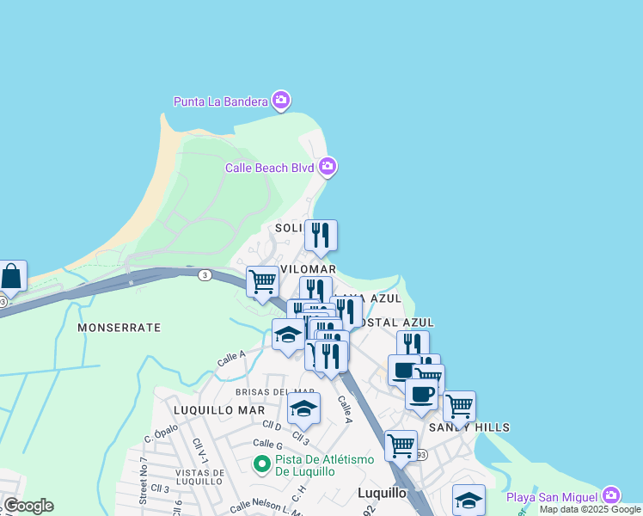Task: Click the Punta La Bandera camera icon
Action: (280, 101)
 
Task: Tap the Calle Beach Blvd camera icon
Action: (328, 166)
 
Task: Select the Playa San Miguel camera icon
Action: (610, 495)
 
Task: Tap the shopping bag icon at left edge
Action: (12, 277)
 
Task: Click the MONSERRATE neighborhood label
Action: (119, 328)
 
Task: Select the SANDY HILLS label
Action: (469, 427)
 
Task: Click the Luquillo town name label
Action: (382, 493)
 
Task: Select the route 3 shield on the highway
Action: (204, 274)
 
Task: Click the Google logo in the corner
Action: (28, 506)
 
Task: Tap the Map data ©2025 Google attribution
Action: (591, 509)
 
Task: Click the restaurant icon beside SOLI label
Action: (321, 234)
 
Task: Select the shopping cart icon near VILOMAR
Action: (262, 280)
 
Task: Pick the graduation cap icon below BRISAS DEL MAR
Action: (303, 408)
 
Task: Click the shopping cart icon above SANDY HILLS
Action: (459, 405)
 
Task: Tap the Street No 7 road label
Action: (144, 482)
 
